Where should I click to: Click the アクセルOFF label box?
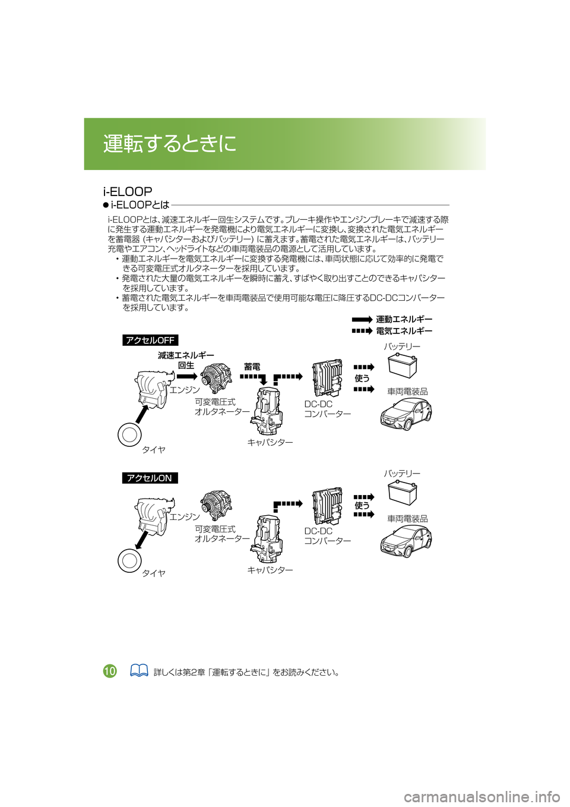pyautogui.click(x=150, y=340)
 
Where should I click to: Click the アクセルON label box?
pyautogui.click(x=150, y=478)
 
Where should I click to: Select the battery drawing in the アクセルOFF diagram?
pyautogui.click(x=402, y=366)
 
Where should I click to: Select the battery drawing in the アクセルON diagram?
pyautogui.click(x=402, y=494)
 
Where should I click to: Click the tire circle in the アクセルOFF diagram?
pyautogui.click(x=129, y=436)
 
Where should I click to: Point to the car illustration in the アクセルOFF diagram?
pyautogui.click(x=406, y=414)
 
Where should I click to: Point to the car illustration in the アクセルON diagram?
pyautogui.click(x=406, y=542)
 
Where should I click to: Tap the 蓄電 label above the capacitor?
pyautogui.click(x=252, y=367)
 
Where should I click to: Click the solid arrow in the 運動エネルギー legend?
pyautogui.click(x=361, y=319)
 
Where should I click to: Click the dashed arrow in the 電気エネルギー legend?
pyautogui.click(x=361, y=331)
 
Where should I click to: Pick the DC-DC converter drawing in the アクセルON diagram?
pyautogui.click(x=327, y=506)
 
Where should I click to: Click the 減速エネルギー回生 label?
pyautogui.click(x=186, y=360)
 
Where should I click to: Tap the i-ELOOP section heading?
pyautogui.click(x=128, y=191)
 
